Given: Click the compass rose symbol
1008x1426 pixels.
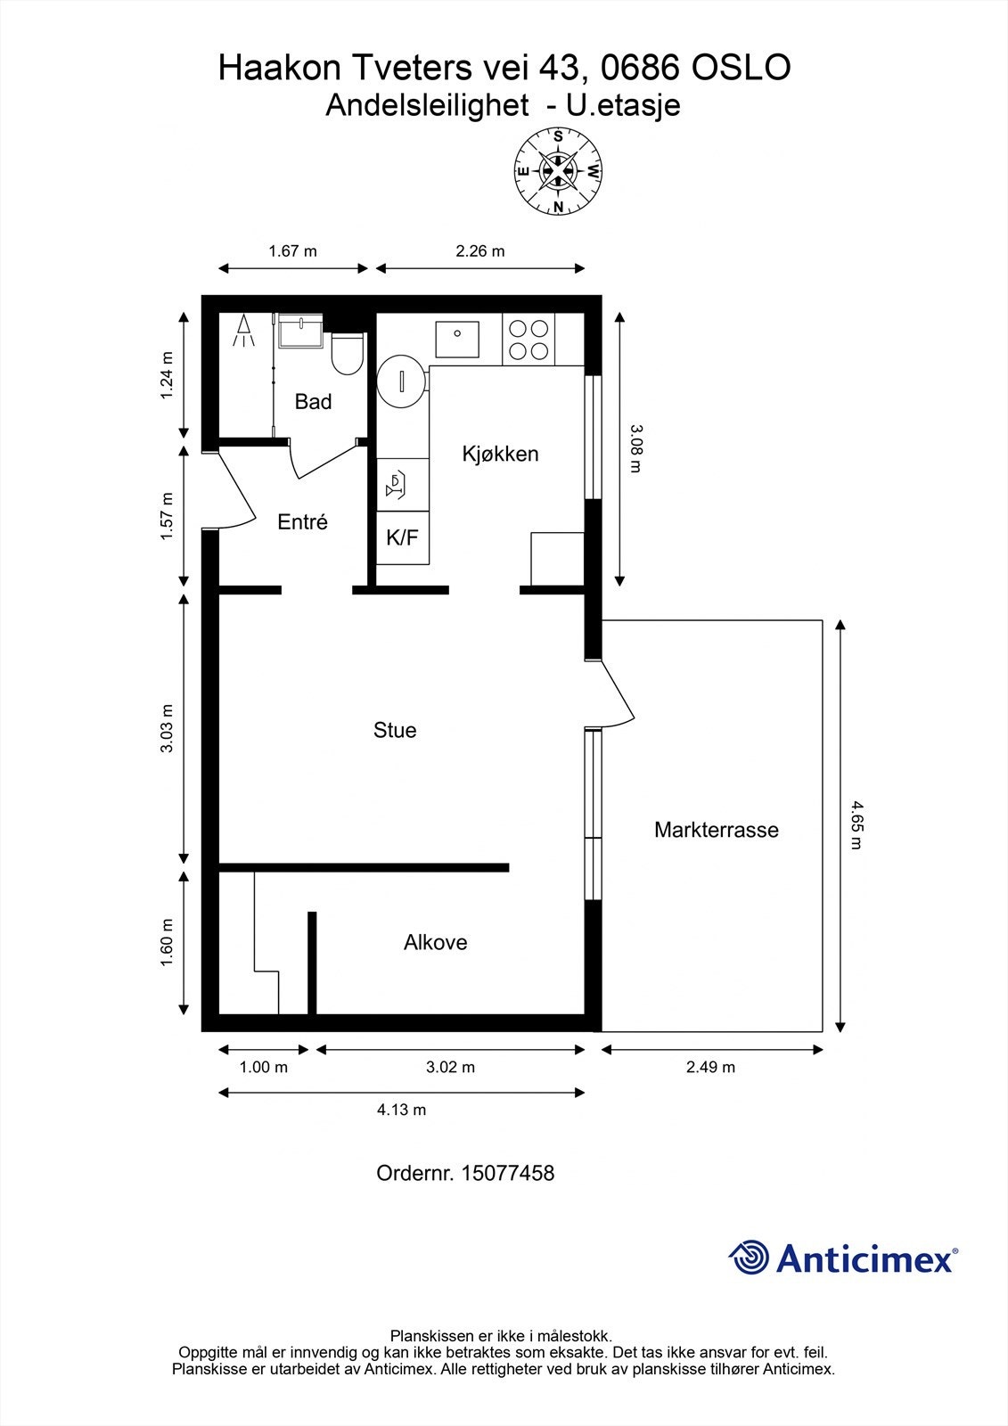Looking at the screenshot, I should (558, 171).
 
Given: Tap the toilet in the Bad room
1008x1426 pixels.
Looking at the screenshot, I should (346, 353).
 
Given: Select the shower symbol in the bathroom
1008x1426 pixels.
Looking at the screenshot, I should (243, 332).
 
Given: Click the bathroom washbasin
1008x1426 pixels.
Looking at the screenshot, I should (299, 332).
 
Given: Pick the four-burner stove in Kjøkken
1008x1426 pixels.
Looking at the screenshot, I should (528, 340).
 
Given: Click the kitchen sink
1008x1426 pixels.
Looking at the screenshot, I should (456, 339).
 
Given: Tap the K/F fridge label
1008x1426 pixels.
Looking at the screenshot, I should (402, 537).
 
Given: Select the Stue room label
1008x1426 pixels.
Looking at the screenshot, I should (395, 731).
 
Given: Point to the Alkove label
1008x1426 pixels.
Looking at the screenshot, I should (435, 942).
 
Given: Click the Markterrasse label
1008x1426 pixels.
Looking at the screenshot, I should (716, 830).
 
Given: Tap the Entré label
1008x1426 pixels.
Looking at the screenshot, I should (302, 522).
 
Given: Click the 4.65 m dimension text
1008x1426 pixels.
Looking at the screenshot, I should (856, 824).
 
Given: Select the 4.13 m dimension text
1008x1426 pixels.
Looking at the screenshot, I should (401, 1110).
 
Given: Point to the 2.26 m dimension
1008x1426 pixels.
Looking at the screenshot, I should (479, 251).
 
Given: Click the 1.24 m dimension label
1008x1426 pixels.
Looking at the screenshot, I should (167, 375).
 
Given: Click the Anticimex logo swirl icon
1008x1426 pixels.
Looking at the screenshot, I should (749, 1258).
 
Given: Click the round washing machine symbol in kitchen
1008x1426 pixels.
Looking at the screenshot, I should (400, 381).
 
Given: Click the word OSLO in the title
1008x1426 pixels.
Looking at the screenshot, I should (741, 68).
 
